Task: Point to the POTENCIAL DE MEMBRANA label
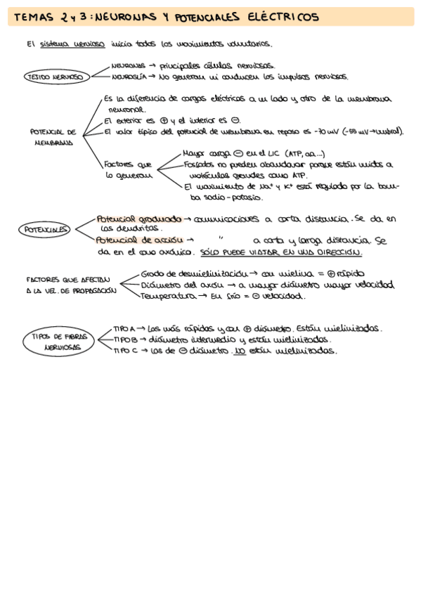[x=53, y=136]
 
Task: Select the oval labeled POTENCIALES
[x=46, y=229]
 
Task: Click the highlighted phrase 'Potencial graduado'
[x=138, y=219]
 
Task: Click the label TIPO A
[x=124, y=328]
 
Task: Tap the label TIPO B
[x=124, y=339]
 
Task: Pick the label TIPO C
[x=124, y=351]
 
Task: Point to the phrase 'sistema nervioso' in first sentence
[x=72, y=44]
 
